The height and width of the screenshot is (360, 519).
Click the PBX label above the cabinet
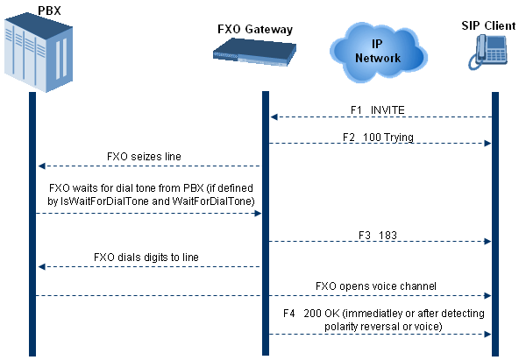point(49,11)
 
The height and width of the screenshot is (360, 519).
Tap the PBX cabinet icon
point(39,53)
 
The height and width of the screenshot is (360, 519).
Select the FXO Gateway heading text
point(255,30)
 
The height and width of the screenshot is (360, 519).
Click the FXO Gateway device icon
point(254,52)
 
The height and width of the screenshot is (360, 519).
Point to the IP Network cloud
point(379,52)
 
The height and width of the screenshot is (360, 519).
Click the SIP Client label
point(488,25)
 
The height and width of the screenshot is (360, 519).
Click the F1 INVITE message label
point(378,110)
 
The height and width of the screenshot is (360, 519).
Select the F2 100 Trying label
point(378,137)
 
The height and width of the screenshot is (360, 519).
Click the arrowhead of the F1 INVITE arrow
point(274,117)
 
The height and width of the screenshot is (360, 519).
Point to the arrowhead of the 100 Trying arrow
point(487,143)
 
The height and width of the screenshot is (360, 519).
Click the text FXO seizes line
point(144,157)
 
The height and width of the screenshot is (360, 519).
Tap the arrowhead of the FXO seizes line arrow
point(41,166)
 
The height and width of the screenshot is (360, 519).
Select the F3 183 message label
point(378,236)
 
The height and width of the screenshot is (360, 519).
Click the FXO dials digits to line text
point(146,258)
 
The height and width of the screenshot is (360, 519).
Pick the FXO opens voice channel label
point(376,286)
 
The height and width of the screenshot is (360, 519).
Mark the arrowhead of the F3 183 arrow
point(487,242)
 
